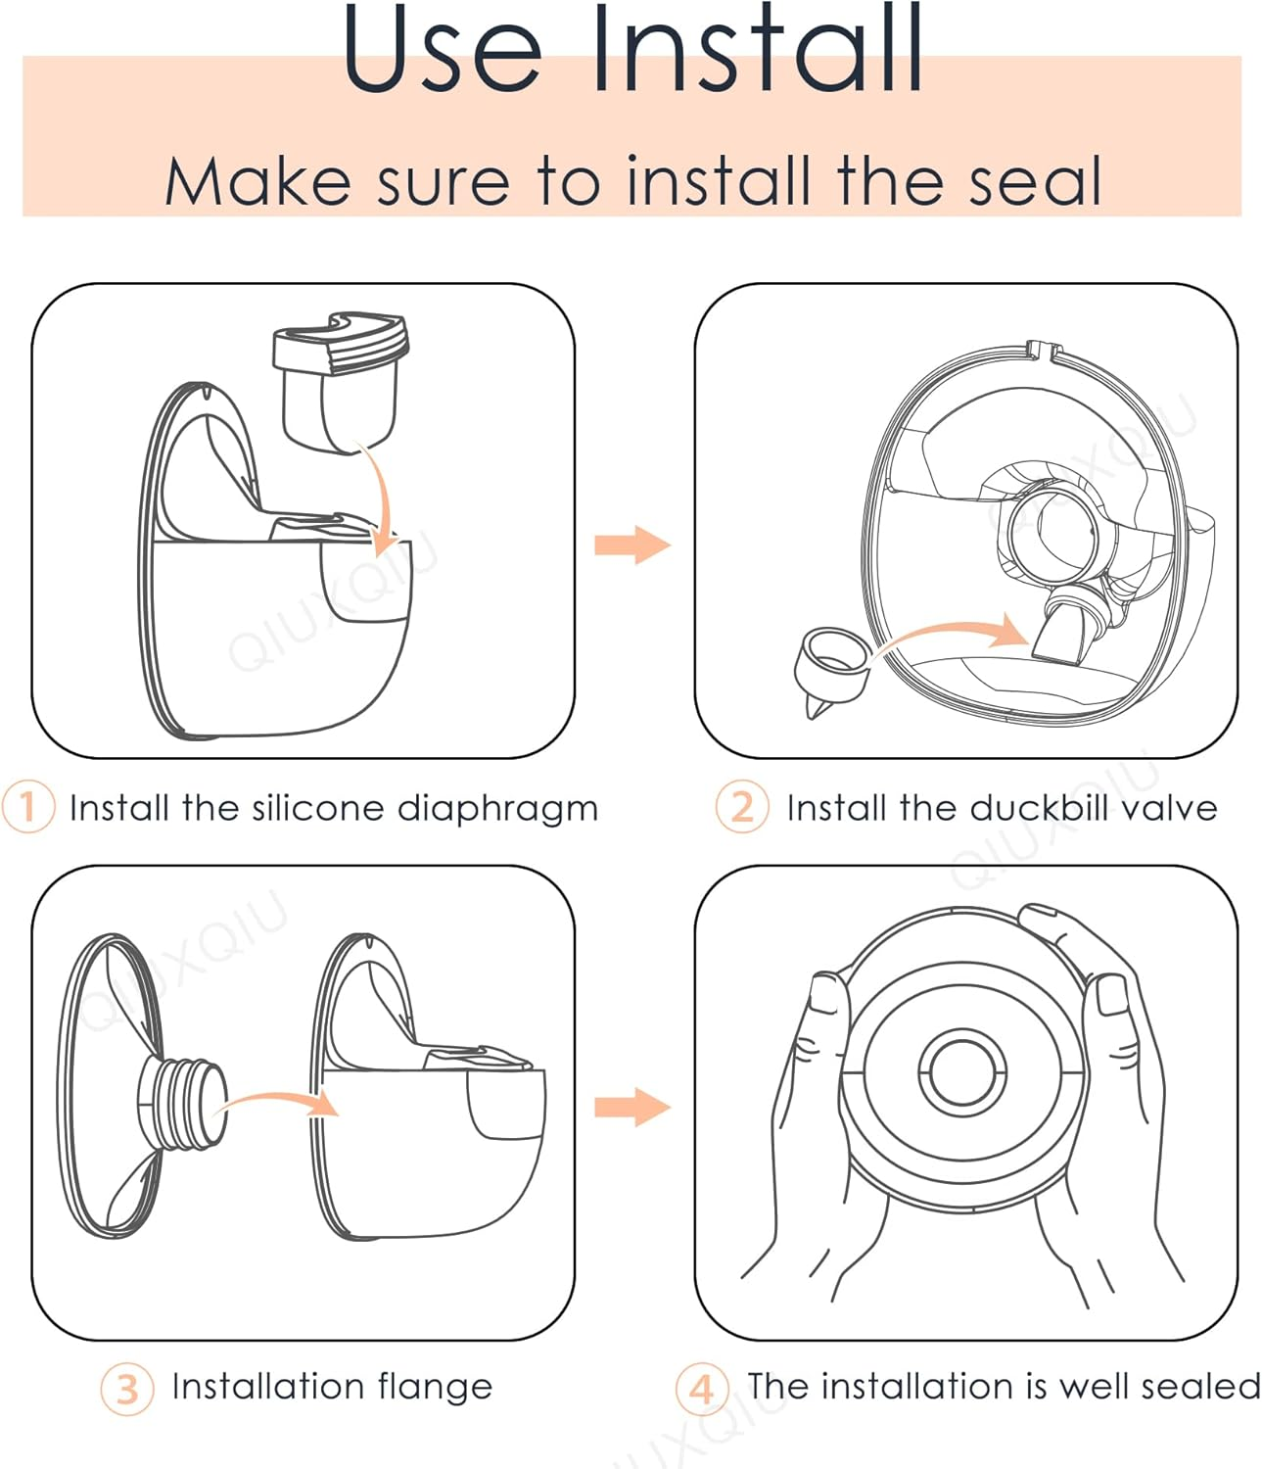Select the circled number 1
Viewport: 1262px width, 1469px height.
tap(27, 807)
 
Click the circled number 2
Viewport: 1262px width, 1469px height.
tap(742, 807)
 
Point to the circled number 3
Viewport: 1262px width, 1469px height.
tap(127, 1389)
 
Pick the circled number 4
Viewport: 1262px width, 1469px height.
tap(702, 1389)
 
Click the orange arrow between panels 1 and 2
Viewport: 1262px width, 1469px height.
tap(632, 545)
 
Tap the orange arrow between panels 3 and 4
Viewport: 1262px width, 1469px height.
tap(632, 1108)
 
